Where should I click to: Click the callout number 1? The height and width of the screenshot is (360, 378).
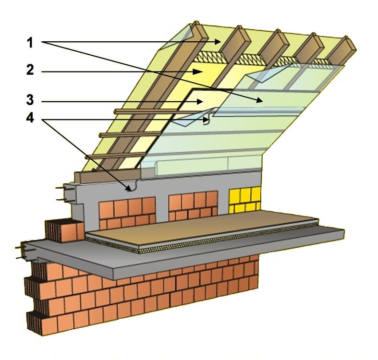(x=30, y=43)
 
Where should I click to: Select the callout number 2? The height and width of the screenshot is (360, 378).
(x=30, y=70)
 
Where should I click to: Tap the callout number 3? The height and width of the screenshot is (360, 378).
(x=30, y=99)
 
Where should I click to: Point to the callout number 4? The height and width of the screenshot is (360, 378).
(x=30, y=118)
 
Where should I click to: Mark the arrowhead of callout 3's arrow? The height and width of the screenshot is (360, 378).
(x=199, y=102)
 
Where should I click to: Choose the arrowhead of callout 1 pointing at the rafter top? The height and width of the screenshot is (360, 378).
(x=217, y=42)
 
